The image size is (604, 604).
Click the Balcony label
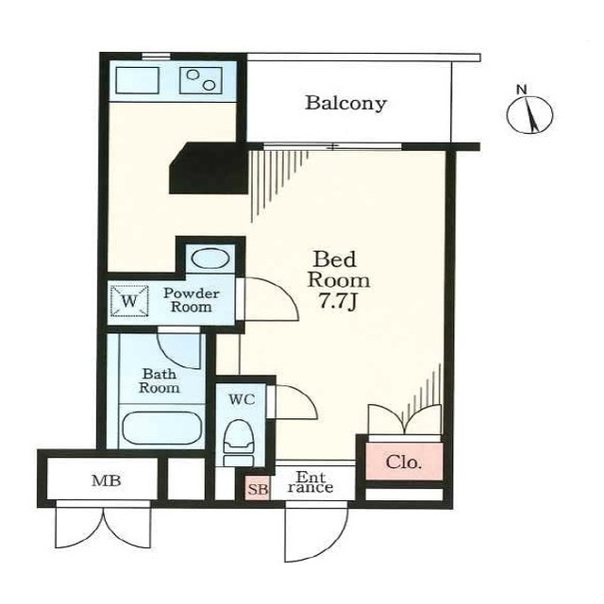(345, 103)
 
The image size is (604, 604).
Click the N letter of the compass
(522, 90)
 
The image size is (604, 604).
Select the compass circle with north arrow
(529, 115)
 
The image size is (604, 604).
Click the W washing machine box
(129, 300)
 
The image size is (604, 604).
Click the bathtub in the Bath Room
(161, 428)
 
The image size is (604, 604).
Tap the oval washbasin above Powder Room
(210, 258)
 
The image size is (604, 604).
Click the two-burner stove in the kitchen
(201, 80)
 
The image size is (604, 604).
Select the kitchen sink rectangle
(137, 80)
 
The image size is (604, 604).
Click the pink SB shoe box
(258, 489)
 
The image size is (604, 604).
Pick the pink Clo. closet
(404, 461)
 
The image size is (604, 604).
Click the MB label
(107, 480)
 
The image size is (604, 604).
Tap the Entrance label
(310, 482)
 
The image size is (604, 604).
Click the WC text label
(242, 399)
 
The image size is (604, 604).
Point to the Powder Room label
(192, 300)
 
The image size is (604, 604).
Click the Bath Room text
(159, 380)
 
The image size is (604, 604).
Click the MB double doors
(103, 525)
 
